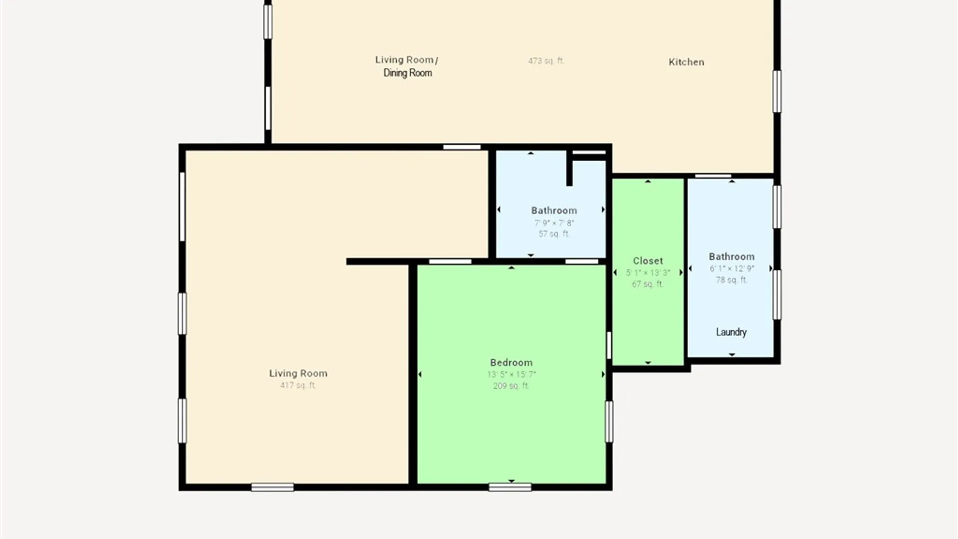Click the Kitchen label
(686, 62)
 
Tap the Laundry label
(731, 332)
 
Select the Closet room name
(648, 261)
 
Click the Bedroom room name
(511, 362)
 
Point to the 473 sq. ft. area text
(546, 61)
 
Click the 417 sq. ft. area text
(298, 385)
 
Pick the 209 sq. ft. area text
(511, 386)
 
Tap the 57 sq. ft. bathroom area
(554, 234)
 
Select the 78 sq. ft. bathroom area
(731, 280)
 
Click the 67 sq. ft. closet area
(648, 284)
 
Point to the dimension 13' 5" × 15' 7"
(511, 374)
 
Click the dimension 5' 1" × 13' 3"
(648, 272)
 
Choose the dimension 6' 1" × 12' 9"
(731, 269)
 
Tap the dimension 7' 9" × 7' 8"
(554, 223)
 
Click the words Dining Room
(407, 73)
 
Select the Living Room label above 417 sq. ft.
(298, 373)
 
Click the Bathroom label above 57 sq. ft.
(554, 211)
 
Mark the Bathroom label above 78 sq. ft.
(731, 257)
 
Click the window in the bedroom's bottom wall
(510, 487)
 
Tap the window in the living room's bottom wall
(272, 487)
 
